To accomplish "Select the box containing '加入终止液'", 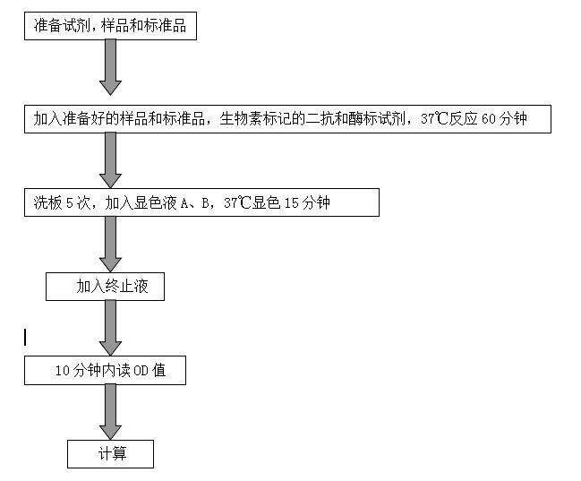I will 106,288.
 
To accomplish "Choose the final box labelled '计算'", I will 111,454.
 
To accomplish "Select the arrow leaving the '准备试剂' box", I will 110,67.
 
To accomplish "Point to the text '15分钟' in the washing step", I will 307,203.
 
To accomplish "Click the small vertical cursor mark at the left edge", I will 26,337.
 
